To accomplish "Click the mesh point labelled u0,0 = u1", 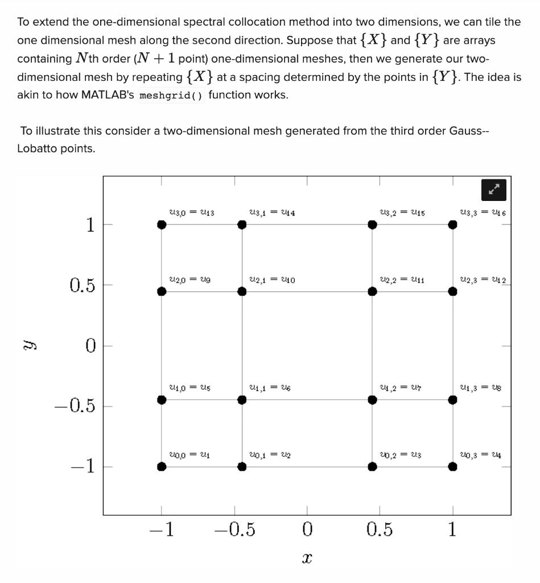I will [x=162, y=467].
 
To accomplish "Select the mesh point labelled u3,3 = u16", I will [x=452, y=224].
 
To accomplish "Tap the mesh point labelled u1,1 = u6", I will [x=242, y=400].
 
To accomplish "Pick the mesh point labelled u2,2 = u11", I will [x=372, y=291].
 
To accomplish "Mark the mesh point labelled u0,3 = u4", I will [x=452, y=467].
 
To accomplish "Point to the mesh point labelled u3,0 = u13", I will [x=162, y=224].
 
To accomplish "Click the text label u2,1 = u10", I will [x=272, y=280].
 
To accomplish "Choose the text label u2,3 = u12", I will [x=483, y=280].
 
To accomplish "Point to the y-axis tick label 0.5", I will [x=83, y=285].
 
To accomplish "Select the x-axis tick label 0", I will [x=307, y=530].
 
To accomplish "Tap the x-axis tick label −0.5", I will [x=234, y=530].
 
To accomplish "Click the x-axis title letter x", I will [x=307, y=559].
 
